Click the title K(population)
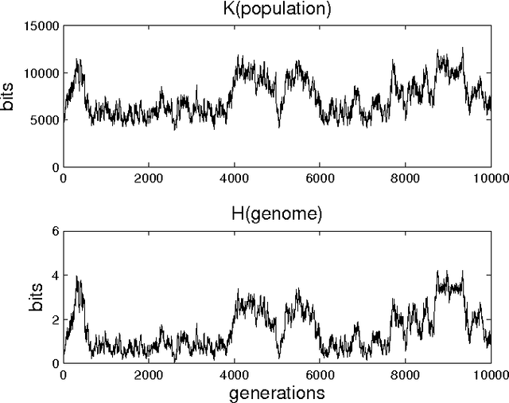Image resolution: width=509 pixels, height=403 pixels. pyautogui.click(x=276, y=10)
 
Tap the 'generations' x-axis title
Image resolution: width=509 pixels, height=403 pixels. pyautogui.click(x=275, y=393)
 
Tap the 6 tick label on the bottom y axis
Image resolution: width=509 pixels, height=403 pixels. pyautogui.click(x=54, y=231)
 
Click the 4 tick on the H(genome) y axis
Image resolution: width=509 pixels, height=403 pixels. pyautogui.click(x=54, y=276)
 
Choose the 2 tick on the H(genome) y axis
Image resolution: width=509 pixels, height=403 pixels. pyautogui.click(x=54, y=319)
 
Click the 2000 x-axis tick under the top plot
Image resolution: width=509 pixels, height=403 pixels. pyautogui.click(x=149, y=178)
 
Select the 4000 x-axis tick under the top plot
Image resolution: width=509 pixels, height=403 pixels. pyautogui.click(x=234, y=178)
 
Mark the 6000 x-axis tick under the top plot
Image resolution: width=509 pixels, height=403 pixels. pyautogui.click(x=319, y=178)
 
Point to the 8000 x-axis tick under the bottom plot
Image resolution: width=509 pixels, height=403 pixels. pyautogui.click(x=404, y=374)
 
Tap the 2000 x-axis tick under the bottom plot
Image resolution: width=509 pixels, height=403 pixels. pyautogui.click(x=149, y=374)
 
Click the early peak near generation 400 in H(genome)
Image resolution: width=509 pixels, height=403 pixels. pyautogui.click(x=77, y=277)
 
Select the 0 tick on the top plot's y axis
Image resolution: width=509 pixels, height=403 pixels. pyautogui.click(x=54, y=167)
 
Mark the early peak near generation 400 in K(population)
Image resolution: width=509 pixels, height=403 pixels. pyautogui.click(x=78, y=60)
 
